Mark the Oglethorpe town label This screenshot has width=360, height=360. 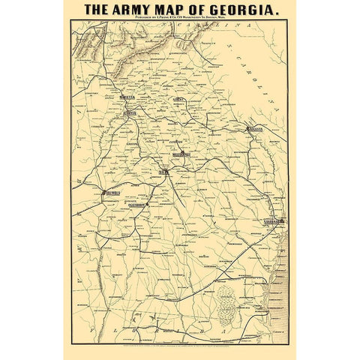pos(133,202)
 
